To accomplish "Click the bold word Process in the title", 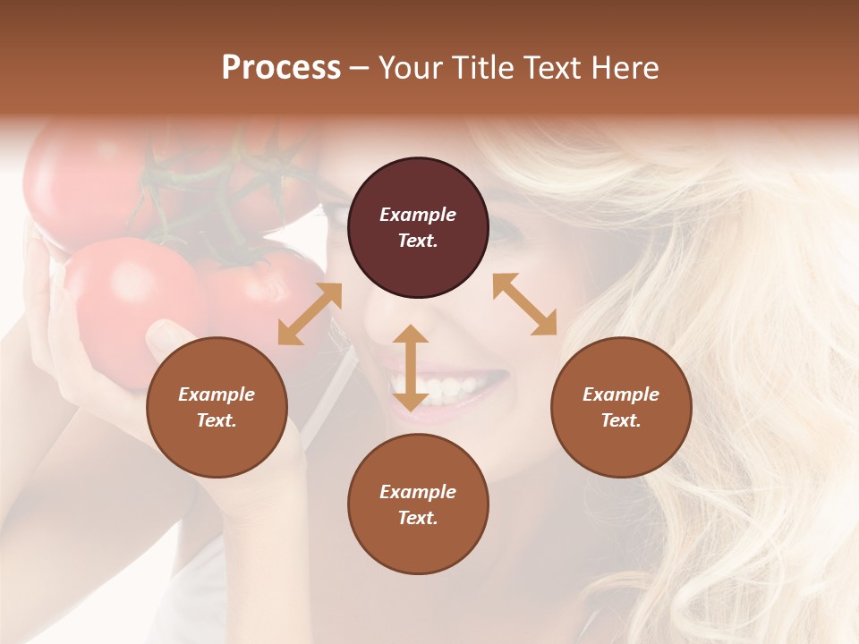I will (x=281, y=68).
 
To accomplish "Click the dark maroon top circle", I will (x=418, y=227).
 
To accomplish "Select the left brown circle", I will (x=217, y=407).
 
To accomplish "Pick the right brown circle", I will (x=621, y=407).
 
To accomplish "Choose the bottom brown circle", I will (x=418, y=504).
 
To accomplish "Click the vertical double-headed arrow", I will (x=411, y=368).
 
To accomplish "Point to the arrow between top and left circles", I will (x=310, y=314).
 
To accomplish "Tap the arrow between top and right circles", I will (x=525, y=304).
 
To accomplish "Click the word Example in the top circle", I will (x=418, y=215).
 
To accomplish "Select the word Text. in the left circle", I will (x=217, y=420).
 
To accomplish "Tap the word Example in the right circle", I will (x=621, y=394).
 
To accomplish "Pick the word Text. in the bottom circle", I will (x=418, y=518).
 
